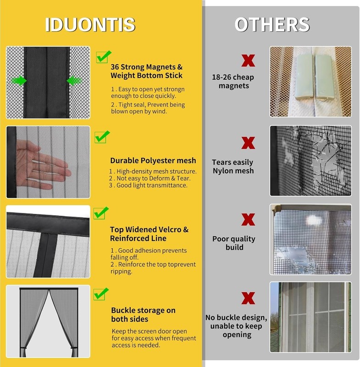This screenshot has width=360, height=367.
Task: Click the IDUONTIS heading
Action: tap(90, 24)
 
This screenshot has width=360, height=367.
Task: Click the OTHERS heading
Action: tap(272, 24)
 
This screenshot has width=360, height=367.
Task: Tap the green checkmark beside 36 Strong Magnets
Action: tap(103, 57)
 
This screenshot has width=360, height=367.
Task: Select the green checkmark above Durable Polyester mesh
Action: tap(102, 137)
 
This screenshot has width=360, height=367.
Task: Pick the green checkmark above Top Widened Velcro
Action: tap(101, 213)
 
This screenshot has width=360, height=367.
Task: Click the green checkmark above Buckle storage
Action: tap(101, 294)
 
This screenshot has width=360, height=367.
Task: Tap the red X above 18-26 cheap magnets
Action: tap(248, 61)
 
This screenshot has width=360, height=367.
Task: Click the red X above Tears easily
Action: tap(248, 143)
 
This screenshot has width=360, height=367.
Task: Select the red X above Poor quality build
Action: tap(248, 219)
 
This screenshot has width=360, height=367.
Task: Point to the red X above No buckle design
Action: tap(248, 298)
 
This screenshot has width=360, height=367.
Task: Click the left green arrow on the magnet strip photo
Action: tap(19, 81)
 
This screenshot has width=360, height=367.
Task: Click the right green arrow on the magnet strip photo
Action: tap(74, 81)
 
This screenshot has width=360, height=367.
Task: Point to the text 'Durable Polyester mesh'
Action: tap(153, 161)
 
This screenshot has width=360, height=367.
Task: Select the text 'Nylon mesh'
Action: tap(233, 171)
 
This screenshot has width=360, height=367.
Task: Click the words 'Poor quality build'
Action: tap(234, 243)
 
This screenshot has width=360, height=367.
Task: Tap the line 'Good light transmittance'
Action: tap(148, 185)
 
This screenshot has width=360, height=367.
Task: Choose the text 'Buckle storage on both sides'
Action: tap(143, 315)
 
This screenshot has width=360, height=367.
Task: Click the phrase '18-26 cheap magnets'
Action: tap(233, 81)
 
